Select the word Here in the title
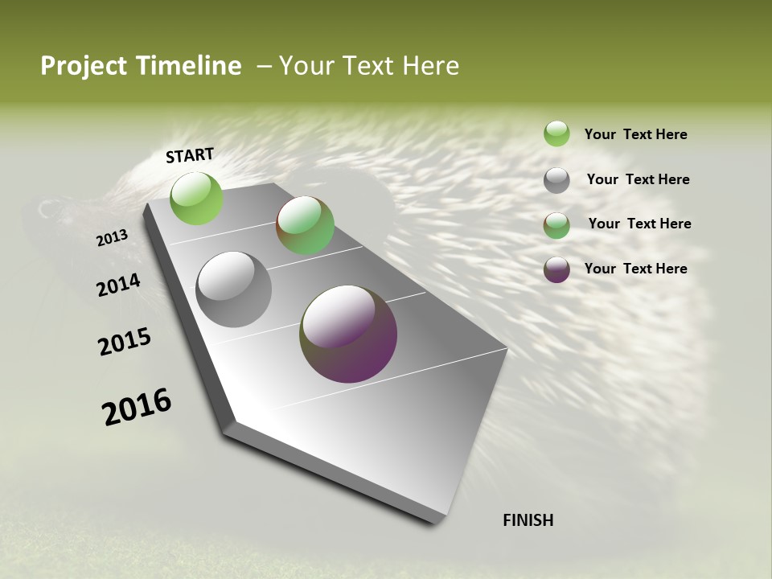(430, 66)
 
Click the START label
(190, 155)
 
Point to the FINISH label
(528, 520)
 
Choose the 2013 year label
(112, 238)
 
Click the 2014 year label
(118, 285)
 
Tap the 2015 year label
(125, 342)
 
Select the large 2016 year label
(137, 407)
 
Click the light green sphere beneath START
(197, 198)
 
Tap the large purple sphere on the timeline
(348, 334)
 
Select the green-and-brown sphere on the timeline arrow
(306, 225)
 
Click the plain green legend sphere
(556, 133)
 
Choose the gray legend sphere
(556, 180)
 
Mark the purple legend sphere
(556, 269)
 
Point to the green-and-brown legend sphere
(556, 225)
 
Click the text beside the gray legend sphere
(638, 179)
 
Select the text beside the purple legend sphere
(635, 269)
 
